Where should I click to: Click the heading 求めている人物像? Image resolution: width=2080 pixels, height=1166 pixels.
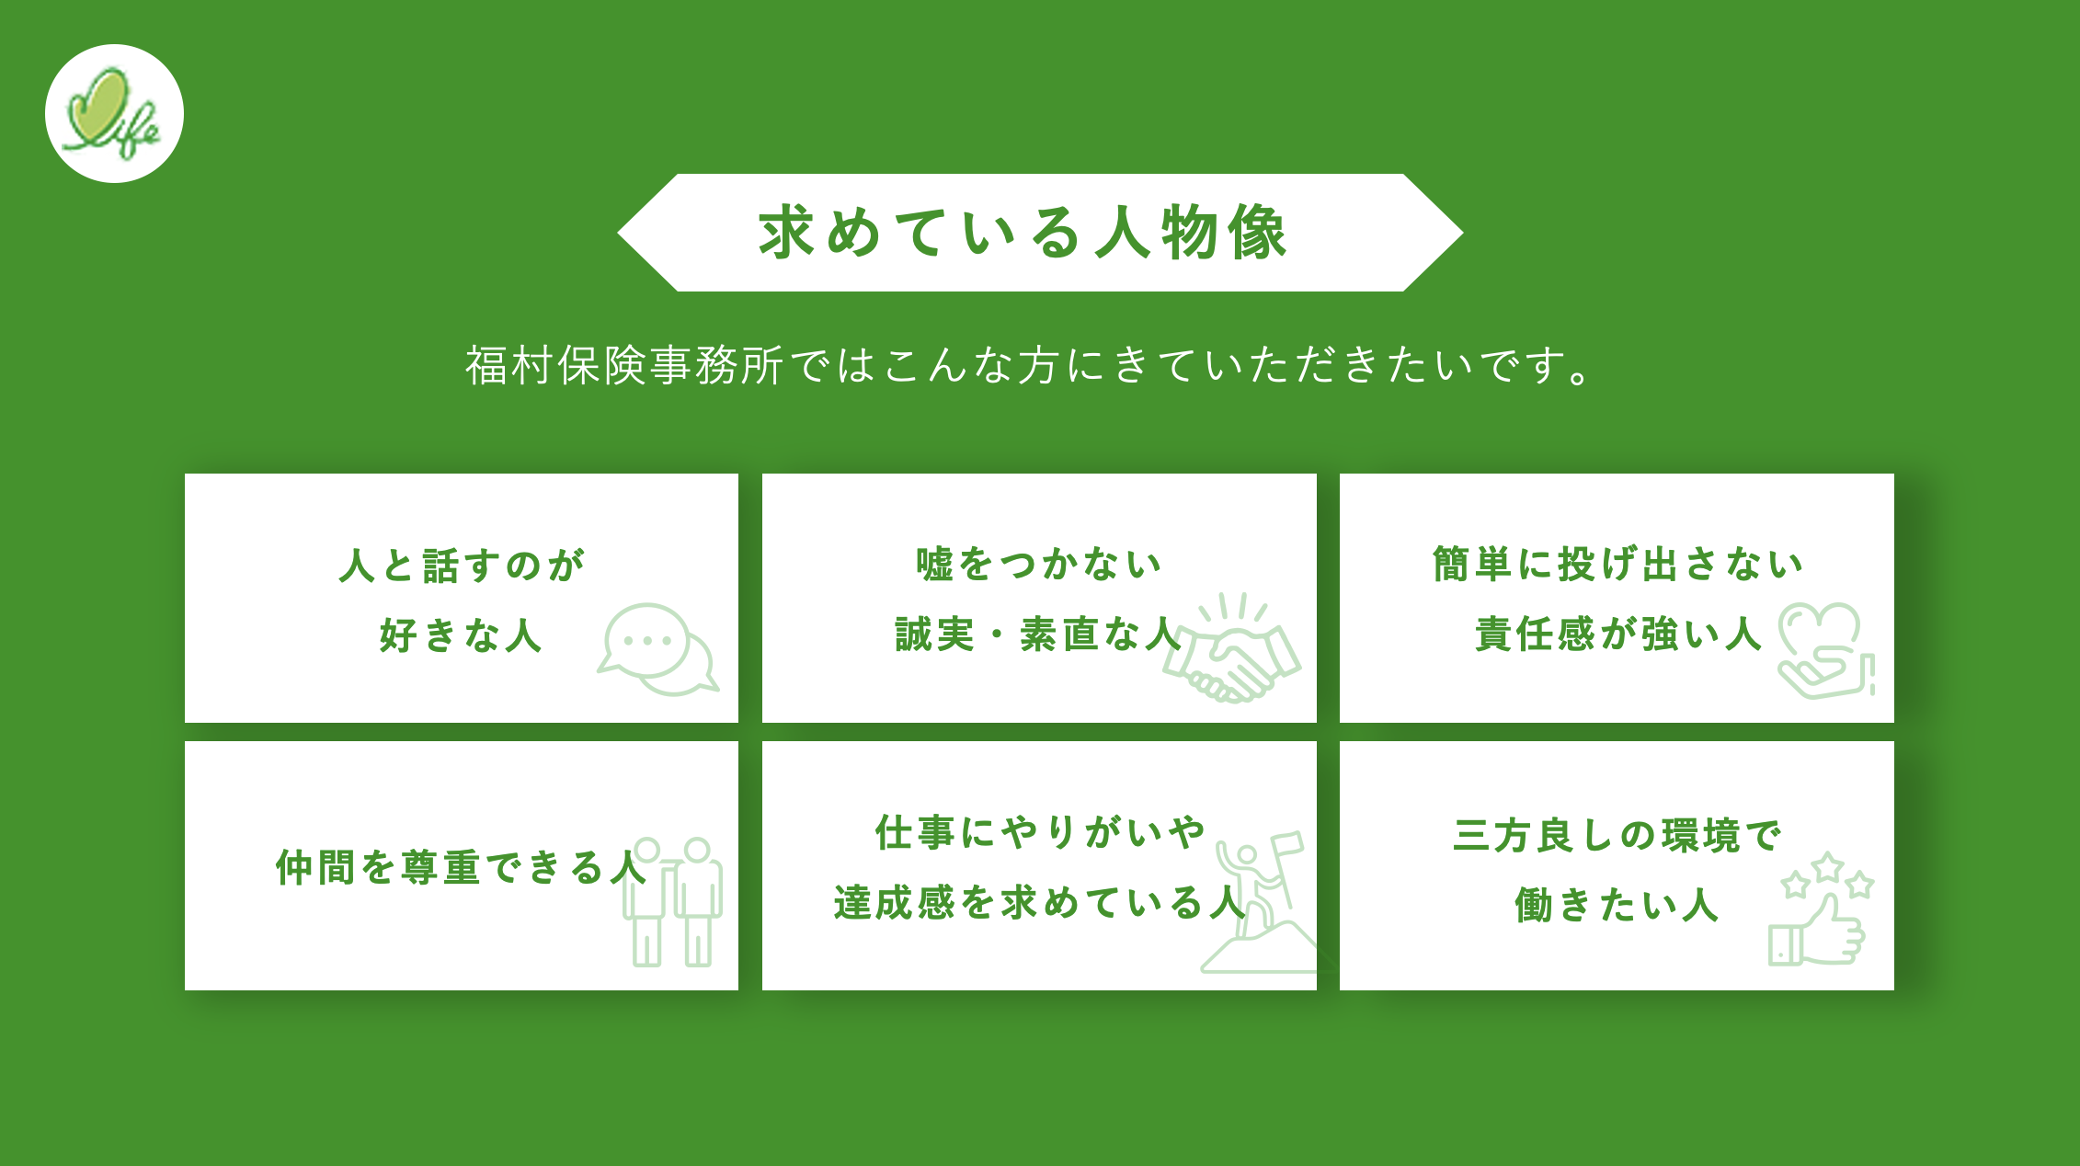coord(1023,233)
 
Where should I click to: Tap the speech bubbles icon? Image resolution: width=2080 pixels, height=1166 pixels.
coord(657,649)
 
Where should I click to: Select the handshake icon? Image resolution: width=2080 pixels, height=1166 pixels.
coord(1232,648)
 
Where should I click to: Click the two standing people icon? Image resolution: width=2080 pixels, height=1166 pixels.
coord(672,901)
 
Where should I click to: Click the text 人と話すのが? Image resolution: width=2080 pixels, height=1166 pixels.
coord(462,565)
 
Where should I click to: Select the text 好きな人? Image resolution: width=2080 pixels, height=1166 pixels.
coord(462,635)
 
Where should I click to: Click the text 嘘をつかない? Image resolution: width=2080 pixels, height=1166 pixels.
coord(1039,564)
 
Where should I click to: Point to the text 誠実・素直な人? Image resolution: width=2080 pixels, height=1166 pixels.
coord(1039,634)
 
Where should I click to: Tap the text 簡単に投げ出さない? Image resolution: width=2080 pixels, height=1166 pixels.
coord(1617,564)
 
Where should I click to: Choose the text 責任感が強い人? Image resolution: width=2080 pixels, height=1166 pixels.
coord(1617,634)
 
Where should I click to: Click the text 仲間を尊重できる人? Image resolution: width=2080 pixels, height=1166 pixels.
coord(462,867)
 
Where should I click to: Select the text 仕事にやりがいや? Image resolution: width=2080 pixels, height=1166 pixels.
coord(1039,832)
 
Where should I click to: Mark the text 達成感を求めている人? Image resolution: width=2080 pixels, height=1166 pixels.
coord(1039,902)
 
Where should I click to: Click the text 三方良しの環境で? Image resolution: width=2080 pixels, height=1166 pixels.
coord(1617,835)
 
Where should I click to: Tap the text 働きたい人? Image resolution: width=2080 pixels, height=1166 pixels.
coord(1617,905)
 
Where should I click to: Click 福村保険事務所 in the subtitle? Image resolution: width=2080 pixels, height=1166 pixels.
coord(624,365)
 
